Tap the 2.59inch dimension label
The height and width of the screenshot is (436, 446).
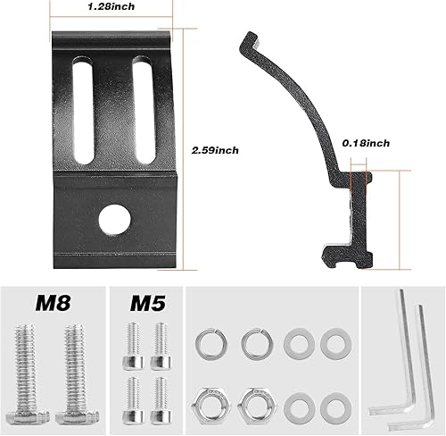(215, 150)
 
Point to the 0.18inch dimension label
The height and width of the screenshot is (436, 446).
(366, 143)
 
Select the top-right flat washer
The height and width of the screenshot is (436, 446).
(333, 343)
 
